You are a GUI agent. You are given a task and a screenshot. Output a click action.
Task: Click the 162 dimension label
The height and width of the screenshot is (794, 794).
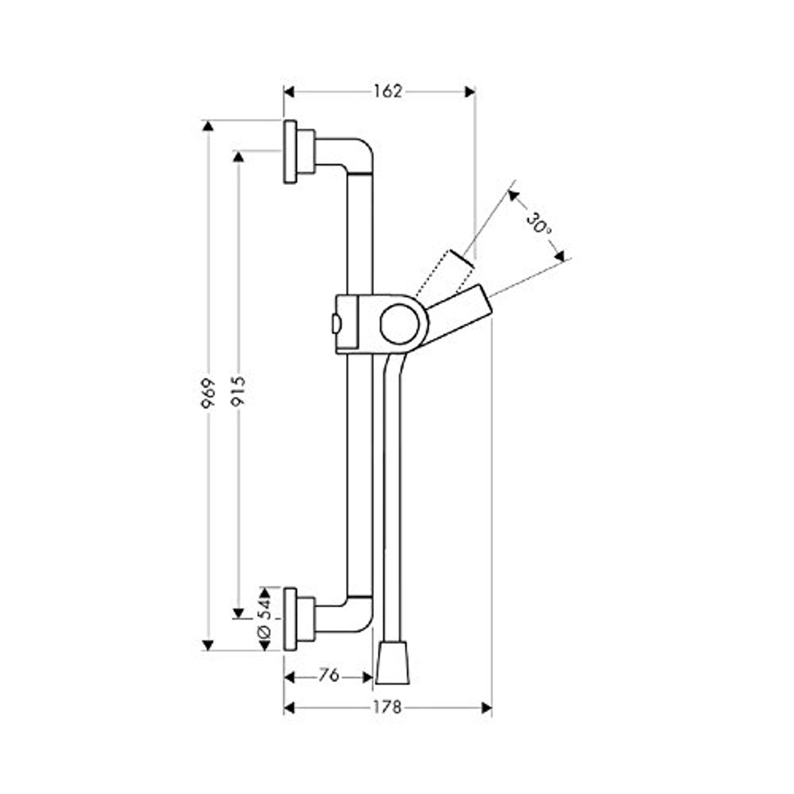[388, 92]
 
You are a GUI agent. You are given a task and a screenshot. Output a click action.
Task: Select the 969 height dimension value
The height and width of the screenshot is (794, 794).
[208, 393]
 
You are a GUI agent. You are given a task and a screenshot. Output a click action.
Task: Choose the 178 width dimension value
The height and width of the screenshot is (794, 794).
[388, 707]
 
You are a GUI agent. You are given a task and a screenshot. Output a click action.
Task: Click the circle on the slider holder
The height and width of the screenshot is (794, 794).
[400, 324]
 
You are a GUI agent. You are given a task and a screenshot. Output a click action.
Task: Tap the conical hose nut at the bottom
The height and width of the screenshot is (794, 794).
[393, 662]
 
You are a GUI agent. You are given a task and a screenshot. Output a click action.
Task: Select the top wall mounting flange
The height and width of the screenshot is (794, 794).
[290, 152]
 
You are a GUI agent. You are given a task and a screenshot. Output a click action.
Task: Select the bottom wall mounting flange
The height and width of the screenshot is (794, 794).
[290, 619]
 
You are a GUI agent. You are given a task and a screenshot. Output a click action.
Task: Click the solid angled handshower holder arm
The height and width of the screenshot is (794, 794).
[459, 316]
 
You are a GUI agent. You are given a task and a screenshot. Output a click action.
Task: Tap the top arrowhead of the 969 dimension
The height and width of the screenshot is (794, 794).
[208, 126]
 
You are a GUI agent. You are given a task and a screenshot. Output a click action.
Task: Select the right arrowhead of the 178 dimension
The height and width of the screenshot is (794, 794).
[486, 708]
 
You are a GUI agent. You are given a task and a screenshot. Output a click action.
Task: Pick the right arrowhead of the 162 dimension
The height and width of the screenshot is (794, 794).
[470, 92]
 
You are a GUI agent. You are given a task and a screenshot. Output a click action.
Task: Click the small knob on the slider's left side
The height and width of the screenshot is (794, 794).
[335, 323]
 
